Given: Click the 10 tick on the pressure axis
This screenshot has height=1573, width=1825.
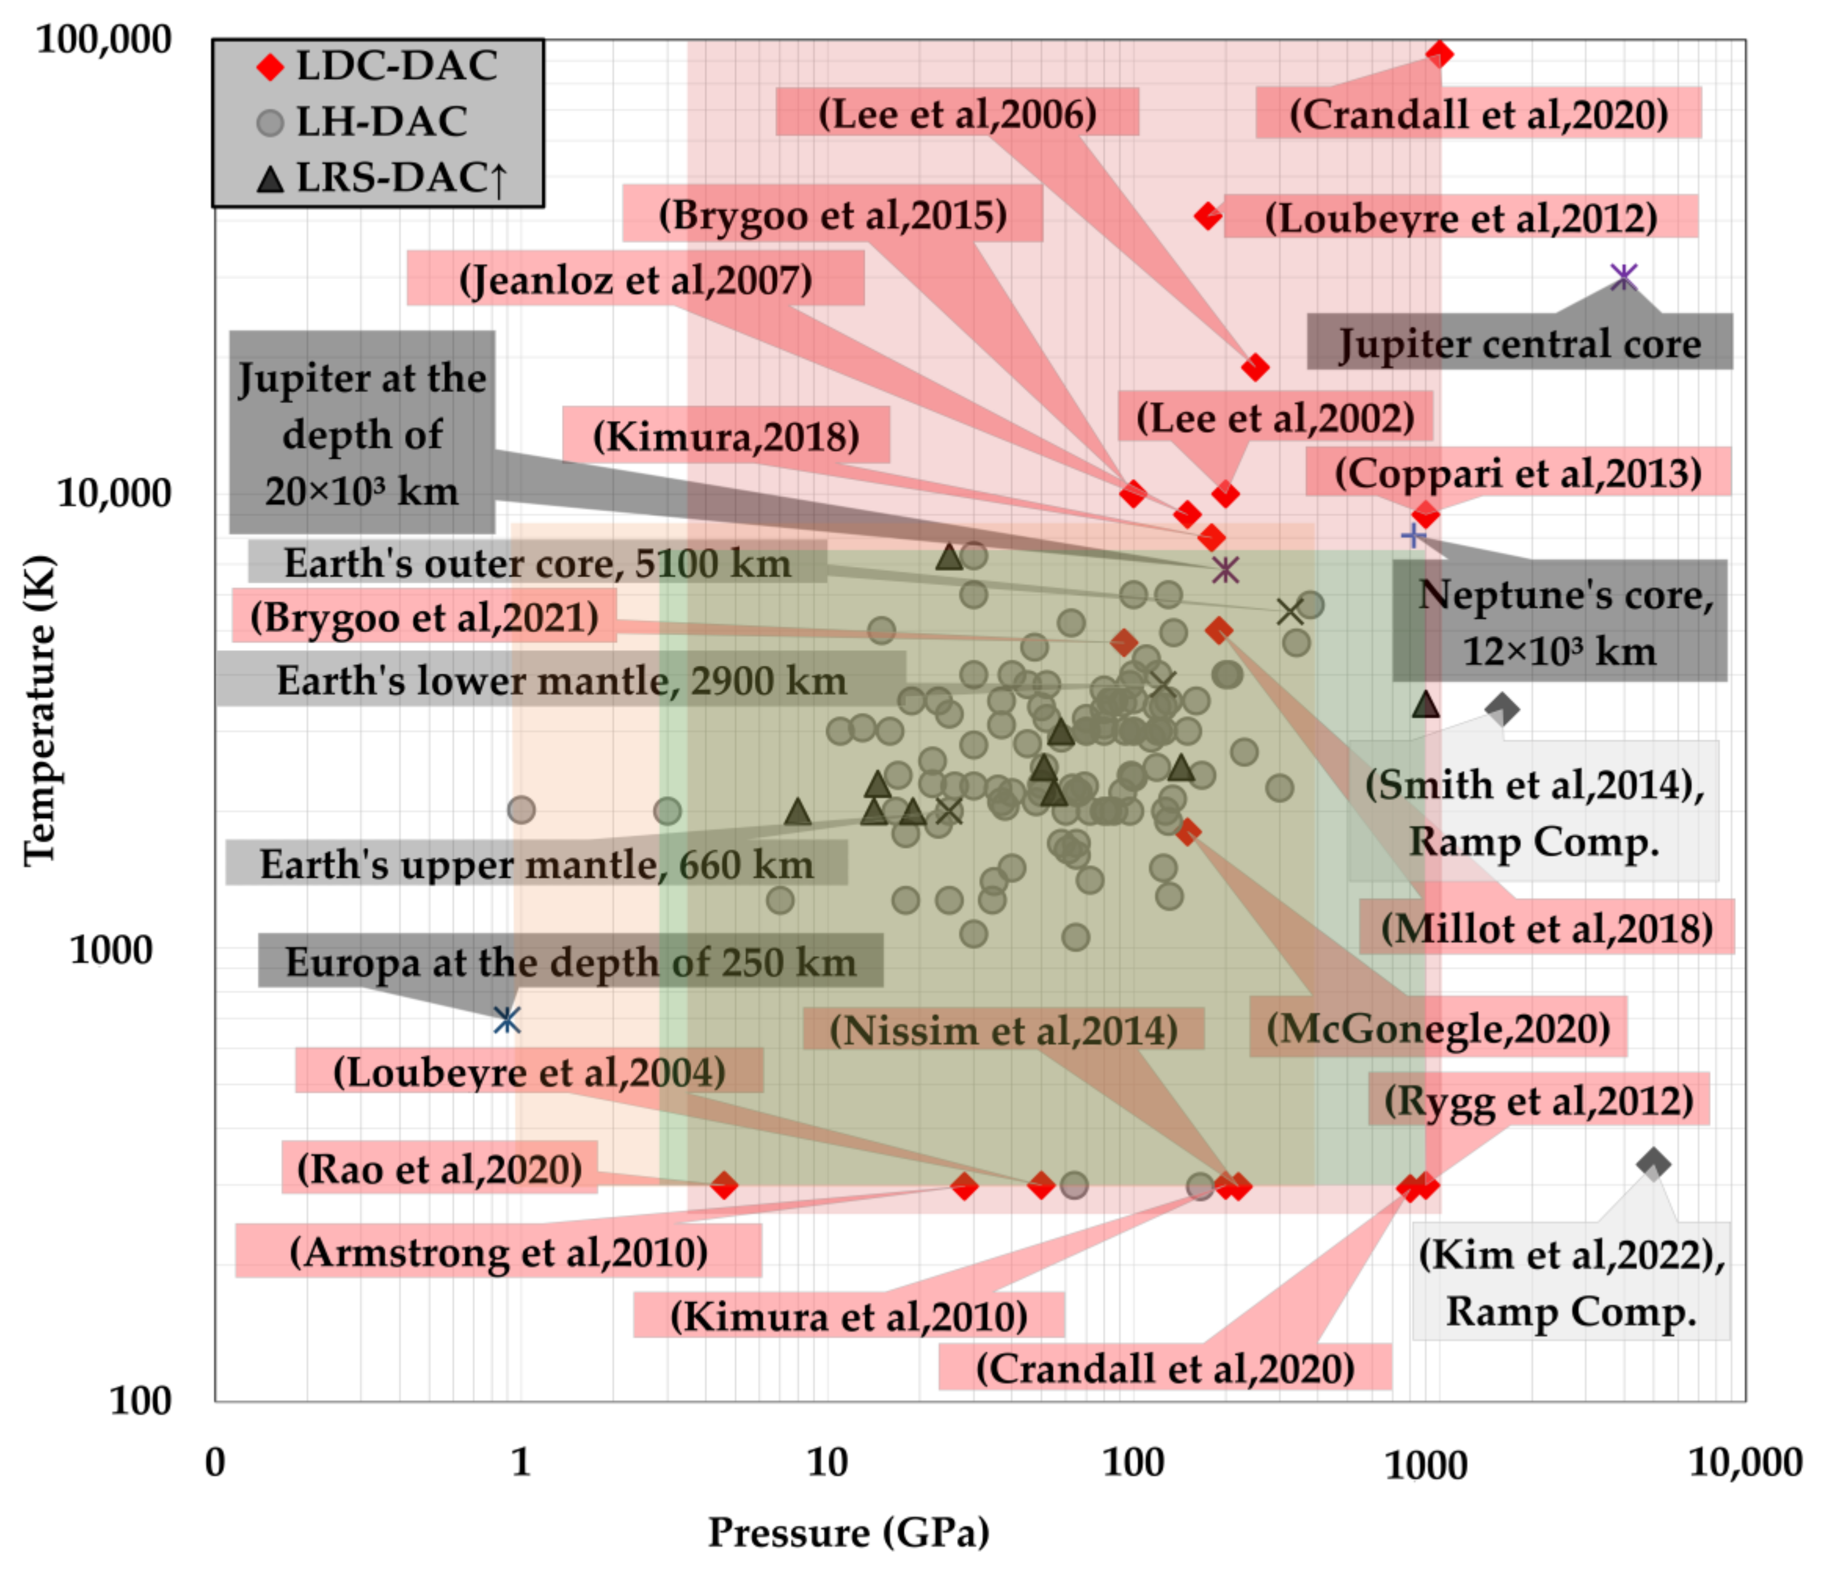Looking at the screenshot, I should (827, 1463).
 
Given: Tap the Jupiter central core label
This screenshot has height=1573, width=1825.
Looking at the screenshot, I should (1519, 343).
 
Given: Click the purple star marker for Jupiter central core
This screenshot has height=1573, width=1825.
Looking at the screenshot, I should (1623, 277).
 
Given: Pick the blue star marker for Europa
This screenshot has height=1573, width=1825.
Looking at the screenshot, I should (506, 1020).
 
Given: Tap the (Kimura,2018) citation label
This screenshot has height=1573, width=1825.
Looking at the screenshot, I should (726, 435).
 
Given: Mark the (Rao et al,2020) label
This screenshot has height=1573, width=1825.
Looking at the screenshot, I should (440, 1169).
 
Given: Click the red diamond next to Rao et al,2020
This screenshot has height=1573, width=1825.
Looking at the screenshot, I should (724, 1186).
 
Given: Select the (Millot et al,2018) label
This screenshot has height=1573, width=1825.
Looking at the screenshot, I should (1546, 927).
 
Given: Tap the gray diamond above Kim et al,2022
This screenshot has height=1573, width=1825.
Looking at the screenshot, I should (1653, 1163).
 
